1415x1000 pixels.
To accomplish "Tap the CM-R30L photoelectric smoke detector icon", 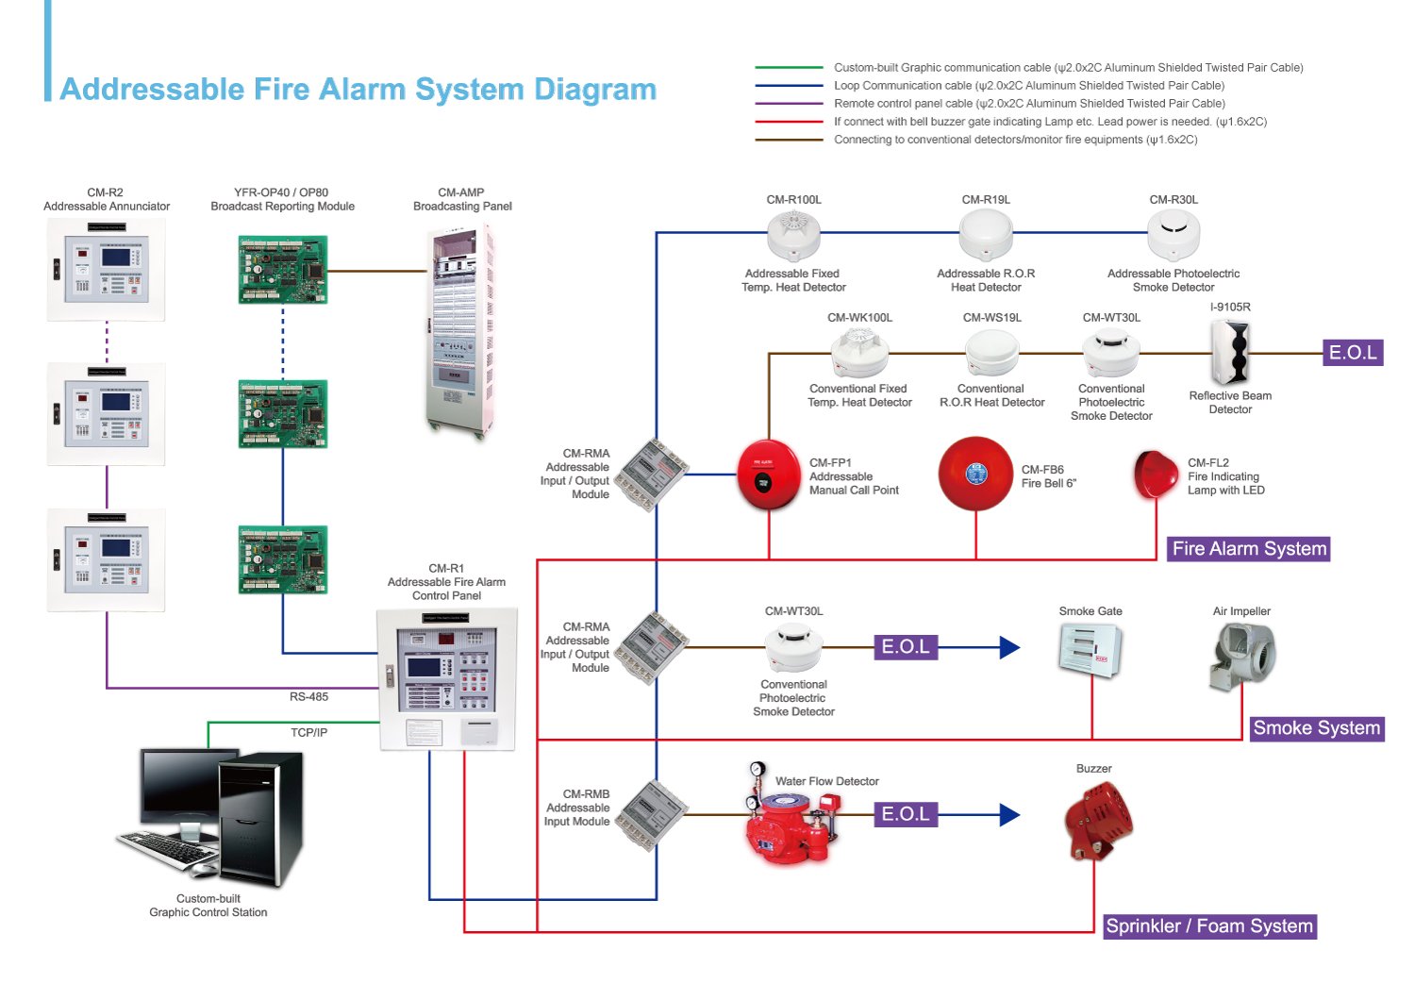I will (x=1174, y=234).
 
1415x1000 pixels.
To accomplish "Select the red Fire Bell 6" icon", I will (x=975, y=474).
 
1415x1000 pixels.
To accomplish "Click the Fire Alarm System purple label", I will (x=1249, y=549).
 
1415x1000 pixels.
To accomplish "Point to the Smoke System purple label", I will (x=1316, y=728).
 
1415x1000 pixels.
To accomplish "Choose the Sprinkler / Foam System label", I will (x=1209, y=926).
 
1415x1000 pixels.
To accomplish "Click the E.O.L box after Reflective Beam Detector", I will (x=1353, y=353).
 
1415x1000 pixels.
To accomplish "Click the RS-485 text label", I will (x=308, y=697).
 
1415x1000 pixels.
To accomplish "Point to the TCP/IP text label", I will (x=308, y=733).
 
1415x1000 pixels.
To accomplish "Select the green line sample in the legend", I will (x=789, y=68).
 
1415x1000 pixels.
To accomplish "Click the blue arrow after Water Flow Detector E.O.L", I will (x=1008, y=814).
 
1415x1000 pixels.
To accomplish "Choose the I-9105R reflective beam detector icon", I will (x=1230, y=351).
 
